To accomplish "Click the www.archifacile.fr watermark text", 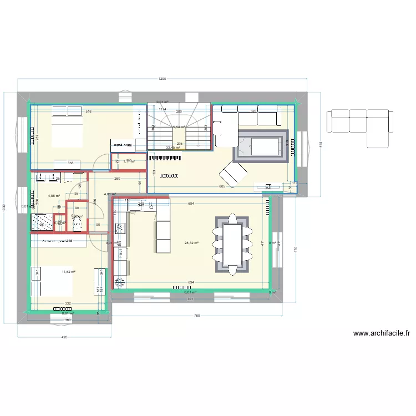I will pyautogui.click(x=381, y=333).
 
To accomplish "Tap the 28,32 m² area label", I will pyautogui.click(x=191, y=243).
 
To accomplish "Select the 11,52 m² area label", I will pyautogui.click(x=68, y=272).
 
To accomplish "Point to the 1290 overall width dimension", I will pyautogui.click(x=162, y=79).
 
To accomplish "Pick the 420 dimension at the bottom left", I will pyautogui.click(x=64, y=337).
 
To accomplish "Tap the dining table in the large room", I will pyautogui.click(x=231, y=244).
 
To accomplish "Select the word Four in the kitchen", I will pyautogui.click(x=120, y=252).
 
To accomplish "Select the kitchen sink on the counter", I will pyautogui.click(x=136, y=206).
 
